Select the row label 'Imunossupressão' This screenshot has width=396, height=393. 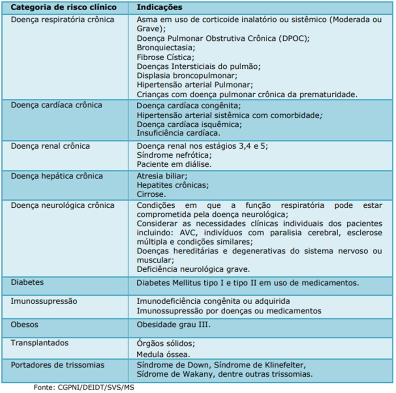coord(44,301)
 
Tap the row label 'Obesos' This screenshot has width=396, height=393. coord(24,324)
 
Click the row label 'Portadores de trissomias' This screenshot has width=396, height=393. coord(57,365)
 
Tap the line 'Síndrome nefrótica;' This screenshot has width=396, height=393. coord(174,155)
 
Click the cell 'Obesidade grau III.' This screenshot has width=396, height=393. coord(173,325)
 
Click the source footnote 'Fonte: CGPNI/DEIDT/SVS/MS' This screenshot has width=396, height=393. coord(84,387)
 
